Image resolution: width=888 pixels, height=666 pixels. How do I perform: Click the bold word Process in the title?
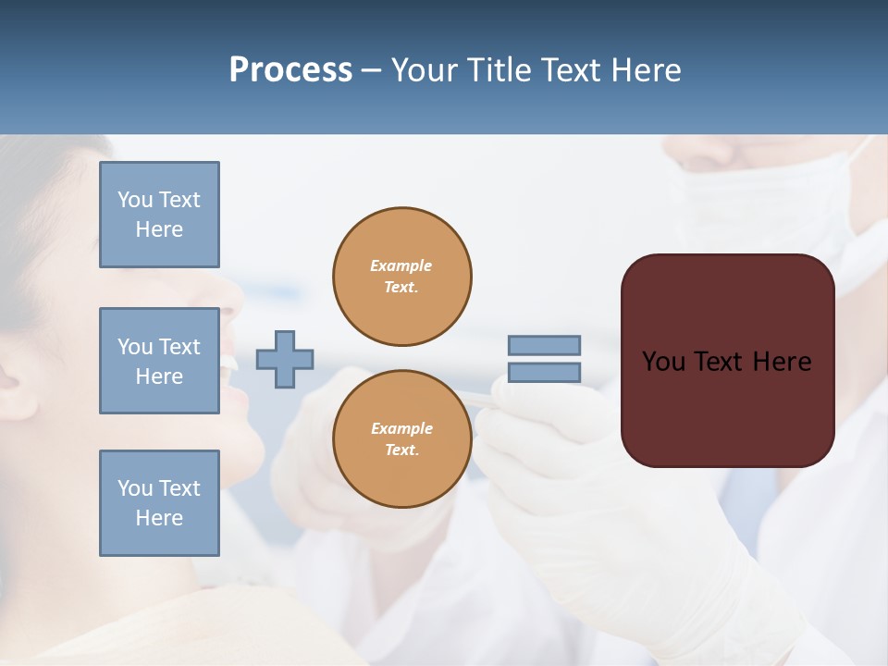pos(290,70)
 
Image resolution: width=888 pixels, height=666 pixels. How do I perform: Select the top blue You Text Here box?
pos(159,215)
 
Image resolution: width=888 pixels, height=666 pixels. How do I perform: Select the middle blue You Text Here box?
pos(159,361)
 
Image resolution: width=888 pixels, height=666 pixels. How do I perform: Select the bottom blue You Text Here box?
pos(159,503)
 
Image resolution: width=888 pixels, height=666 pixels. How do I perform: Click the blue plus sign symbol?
pos(285,359)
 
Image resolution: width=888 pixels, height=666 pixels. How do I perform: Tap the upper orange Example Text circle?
pos(401,277)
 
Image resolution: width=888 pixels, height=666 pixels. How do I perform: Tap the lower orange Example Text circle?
pos(401,439)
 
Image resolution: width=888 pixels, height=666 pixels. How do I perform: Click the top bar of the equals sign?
pos(544,345)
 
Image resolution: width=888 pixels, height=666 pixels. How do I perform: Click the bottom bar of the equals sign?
pos(544,372)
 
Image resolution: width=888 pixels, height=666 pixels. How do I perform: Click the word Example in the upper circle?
pos(401,265)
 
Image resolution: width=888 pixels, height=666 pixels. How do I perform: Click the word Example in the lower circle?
pos(401,428)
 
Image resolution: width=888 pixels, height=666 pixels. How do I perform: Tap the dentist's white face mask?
pos(768,199)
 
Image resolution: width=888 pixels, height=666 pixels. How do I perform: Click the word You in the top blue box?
pos(135,200)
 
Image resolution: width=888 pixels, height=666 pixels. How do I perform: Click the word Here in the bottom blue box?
pos(159,518)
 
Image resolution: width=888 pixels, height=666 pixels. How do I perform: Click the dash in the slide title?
pos(371,70)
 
